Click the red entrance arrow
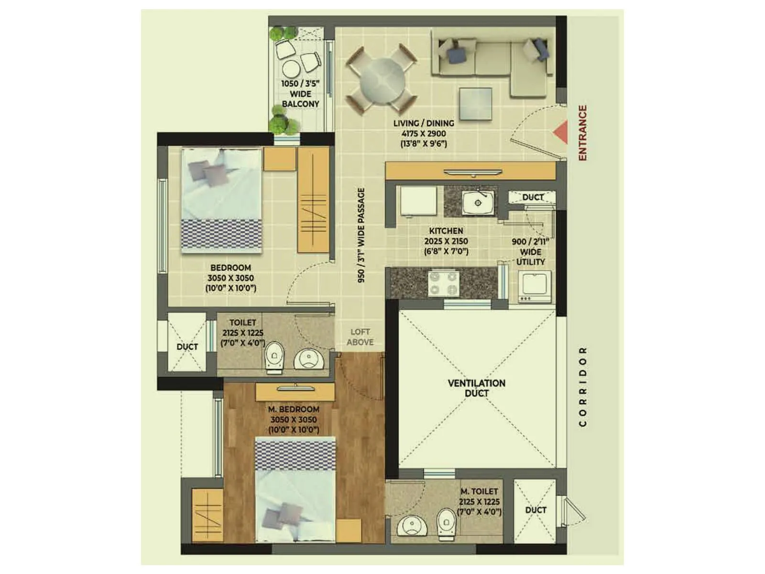[561, 132]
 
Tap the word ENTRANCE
[582, 133]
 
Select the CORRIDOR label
[582, 386]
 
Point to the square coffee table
[475, 105]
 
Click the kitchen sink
[478, 202]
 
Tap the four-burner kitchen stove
[443, 283]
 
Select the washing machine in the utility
[535, 286]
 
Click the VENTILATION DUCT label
[476, 388]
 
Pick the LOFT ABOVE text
[360, 337]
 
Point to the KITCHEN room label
[446, 231]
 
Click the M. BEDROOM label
[293, 409]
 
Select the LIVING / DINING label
[424, 123]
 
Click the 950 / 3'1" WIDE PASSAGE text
[361, 234]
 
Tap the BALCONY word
[300, 104]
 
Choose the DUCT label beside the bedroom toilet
[187, 346]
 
